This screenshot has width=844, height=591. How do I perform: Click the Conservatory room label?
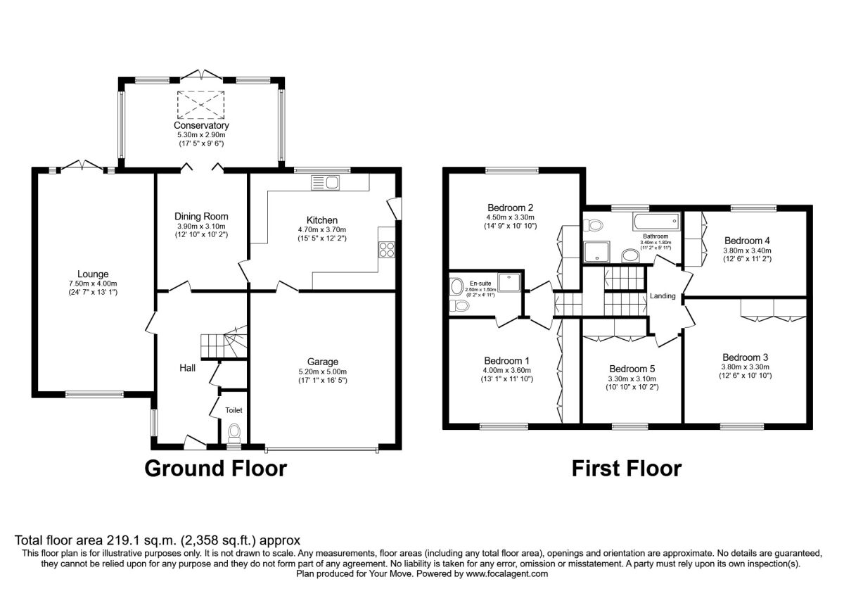click(x=203, y=125)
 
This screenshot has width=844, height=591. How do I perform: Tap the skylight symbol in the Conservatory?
click(x=200, y=105)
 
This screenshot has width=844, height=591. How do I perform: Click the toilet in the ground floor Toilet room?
click(x=234, y=431)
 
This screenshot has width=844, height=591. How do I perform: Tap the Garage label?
click(x=323, y=362)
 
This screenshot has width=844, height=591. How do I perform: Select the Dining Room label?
click(x=202, y=216)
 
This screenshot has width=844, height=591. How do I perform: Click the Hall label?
click(x=187, y=367)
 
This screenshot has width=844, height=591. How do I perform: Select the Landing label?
click(x=663, y=296)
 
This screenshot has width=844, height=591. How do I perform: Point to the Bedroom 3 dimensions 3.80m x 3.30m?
click(x=746, y=367)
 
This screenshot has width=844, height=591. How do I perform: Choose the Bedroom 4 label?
click(x=747, y=239)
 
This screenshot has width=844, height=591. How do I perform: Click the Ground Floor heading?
click(x=216, y=469)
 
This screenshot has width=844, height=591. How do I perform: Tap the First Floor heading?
click(x=626, y=469)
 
